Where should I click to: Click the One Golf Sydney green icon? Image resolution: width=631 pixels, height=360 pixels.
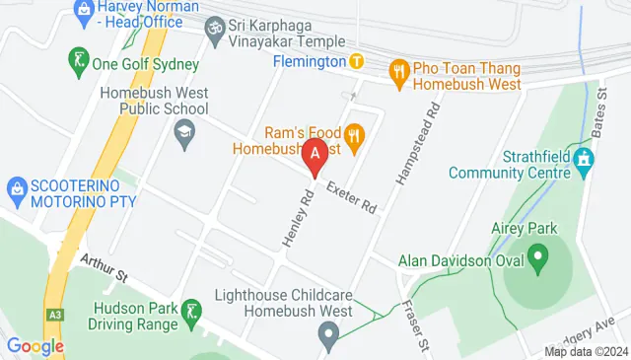77,59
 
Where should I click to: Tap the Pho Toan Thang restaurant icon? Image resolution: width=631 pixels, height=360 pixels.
399,70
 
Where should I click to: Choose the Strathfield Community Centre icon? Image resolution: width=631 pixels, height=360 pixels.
584,158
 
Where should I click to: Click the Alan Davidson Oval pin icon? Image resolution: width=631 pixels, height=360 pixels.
538,261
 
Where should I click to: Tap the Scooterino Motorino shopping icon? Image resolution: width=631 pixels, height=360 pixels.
16,187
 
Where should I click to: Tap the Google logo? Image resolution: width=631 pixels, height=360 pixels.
35,345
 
